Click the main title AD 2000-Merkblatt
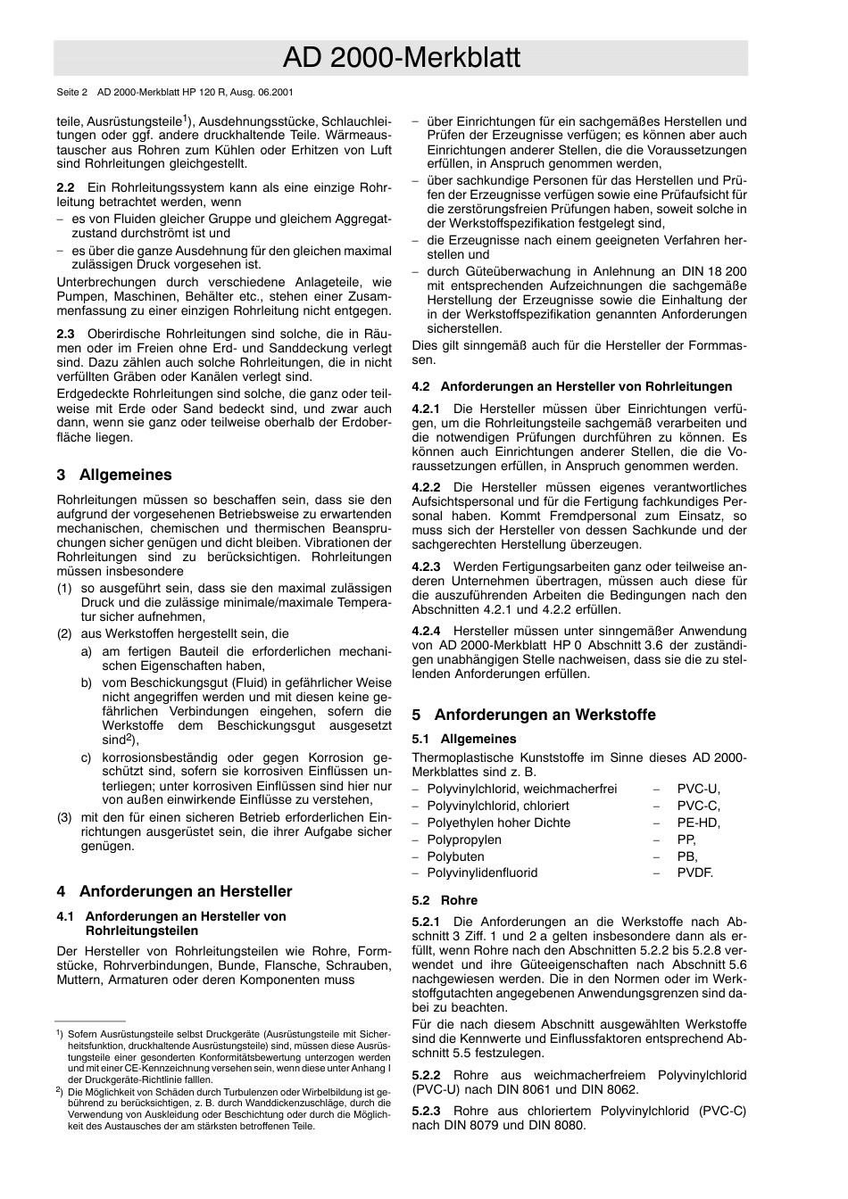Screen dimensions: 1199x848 point(401,58)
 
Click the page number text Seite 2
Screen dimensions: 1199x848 point(72,92)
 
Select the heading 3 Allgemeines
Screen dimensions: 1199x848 point(114,475)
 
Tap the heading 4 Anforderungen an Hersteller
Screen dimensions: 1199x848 point(174,891)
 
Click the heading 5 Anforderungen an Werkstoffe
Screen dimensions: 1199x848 point(534,715)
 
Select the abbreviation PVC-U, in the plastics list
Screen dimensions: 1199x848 point(698,789)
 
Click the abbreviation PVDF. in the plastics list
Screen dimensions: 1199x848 point(695,872)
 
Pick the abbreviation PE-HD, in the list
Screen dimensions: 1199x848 point(698,823)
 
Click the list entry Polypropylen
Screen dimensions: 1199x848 point(464,839)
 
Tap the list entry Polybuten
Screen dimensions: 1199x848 point(455,856)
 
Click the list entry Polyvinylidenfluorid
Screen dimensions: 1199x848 point(482,872)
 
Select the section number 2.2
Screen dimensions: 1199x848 point(65,188)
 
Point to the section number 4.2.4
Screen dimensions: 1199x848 point(426,631)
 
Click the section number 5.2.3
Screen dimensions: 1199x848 point(426,1111)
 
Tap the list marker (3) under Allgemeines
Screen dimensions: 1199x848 point(64,817)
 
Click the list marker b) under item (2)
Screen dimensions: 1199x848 point(87,683)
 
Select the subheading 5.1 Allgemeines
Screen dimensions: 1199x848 point(464,739)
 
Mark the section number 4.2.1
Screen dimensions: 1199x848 point(426,409)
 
